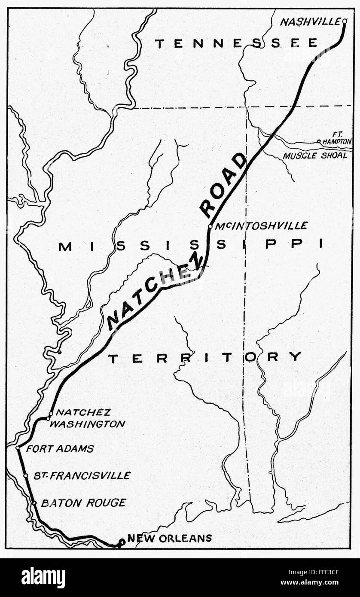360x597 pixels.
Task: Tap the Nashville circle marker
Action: pos(345,21)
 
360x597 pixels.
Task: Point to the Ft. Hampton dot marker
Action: pos(319,141)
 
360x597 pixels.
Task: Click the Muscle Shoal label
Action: pos(314,155)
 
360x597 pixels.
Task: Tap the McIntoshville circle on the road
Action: pos(210,226)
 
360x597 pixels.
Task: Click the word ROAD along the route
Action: pos(223,186)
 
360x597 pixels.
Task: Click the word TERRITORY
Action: pos(204,357)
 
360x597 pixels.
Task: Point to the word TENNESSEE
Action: pos(236,43)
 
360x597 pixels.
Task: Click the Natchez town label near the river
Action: pos(83,412)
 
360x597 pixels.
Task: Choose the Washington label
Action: pos(91,424)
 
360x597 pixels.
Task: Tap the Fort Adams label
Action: pos(60,449)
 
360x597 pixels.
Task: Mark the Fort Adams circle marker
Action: pos(18,448)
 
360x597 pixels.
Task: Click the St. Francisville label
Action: pos(82,475)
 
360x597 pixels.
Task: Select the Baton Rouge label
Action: pos(83,503)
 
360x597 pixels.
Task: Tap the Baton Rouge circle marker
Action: pos(34,503)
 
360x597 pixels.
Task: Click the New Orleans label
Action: pos(170,538)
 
